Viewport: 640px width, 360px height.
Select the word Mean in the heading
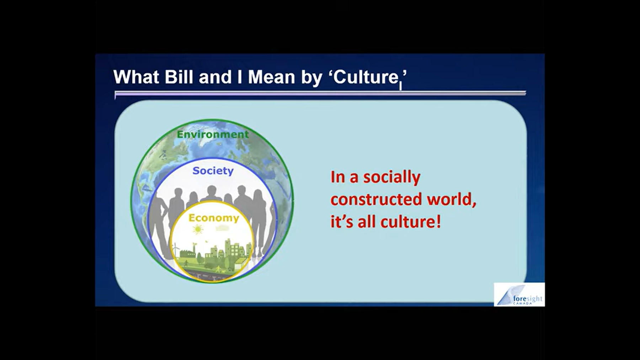[x=271, y=77]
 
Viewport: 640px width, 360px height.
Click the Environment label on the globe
[x=213, y=134]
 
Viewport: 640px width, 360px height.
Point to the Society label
[x=213, y=171]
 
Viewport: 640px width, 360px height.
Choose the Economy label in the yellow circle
[x=214, y=218]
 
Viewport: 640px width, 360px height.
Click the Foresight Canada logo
[x=519, y=295]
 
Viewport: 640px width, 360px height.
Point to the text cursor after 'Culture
[x=400, y=86]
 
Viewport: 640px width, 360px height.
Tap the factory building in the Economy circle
[x=188, y=253]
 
